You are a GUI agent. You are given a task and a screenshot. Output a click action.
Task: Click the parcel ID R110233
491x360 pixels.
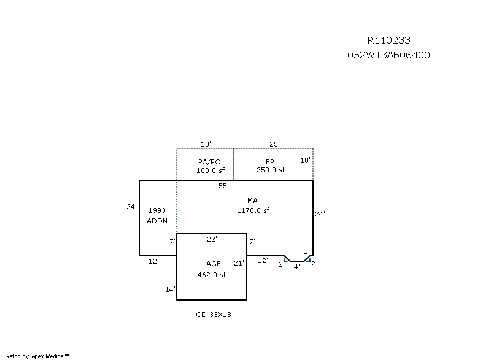point(389,40)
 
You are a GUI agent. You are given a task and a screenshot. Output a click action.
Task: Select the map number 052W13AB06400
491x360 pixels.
point(389,55)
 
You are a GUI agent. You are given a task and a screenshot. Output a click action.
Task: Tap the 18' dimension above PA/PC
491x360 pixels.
point(206,144)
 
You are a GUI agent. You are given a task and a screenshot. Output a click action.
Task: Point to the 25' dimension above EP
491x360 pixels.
point(274,144)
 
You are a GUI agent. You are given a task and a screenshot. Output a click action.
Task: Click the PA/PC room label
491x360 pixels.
point(209,162)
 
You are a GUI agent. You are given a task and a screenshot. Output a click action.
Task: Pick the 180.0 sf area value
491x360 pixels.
point(211,170)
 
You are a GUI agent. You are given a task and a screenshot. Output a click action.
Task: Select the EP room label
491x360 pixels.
point(270,162)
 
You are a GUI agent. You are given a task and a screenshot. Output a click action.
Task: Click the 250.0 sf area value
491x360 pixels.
point(271,170)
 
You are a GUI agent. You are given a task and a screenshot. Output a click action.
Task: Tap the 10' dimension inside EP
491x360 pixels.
point(305,160)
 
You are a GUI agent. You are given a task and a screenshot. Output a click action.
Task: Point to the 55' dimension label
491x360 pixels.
point(223,186)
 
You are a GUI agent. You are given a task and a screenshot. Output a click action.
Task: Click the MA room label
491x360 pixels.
point(252,201)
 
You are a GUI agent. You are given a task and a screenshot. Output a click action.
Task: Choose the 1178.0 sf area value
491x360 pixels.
point(253,210)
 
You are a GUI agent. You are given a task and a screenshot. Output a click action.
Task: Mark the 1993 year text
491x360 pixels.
point(157,210)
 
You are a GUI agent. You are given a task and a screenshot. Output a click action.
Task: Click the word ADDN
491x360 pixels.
point(157,221)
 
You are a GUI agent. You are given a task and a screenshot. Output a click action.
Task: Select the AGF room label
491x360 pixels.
point(213,264)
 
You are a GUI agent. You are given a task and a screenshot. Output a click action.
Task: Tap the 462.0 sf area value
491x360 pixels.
point(211,275)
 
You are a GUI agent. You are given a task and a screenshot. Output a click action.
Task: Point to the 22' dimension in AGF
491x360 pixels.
point(212,239)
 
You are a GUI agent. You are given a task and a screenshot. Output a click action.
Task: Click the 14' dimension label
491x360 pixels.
point(171,289)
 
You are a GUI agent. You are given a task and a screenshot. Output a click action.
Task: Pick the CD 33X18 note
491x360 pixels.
point(214,315)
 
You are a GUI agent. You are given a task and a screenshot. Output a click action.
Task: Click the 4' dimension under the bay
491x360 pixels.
point(296,267)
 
